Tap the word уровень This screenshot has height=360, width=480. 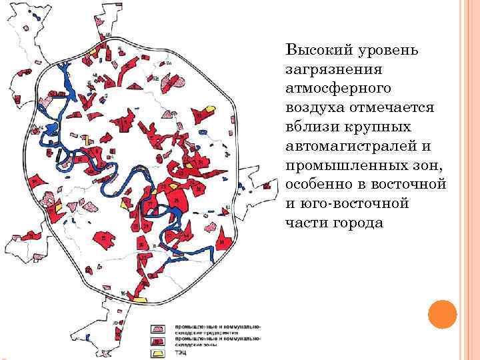click(x=383, y=50)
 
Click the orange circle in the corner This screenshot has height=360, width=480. click(x=441, y=314)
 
